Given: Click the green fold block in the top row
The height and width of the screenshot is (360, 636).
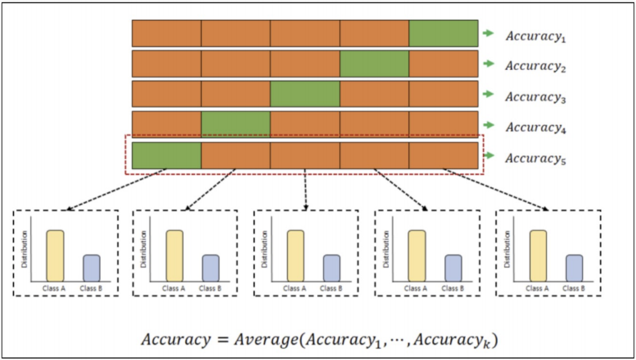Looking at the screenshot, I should (444, 33).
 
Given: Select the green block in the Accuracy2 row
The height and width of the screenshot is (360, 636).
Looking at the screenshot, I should (374, 64).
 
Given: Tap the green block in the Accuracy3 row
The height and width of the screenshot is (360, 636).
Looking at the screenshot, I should (305, 94).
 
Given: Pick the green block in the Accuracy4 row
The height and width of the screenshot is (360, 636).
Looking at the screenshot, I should (236, 124).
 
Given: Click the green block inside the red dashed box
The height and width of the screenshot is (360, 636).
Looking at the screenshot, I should (166, 155).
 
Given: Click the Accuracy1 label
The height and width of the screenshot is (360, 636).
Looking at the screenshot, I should (536, 36).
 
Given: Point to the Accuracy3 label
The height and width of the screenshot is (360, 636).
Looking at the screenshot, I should (536, 98).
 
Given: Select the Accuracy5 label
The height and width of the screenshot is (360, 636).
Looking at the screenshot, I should (536, 159).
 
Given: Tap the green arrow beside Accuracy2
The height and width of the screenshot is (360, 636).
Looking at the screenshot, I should (489, 64).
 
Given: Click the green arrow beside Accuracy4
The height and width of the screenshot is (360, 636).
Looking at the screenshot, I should (489, 125).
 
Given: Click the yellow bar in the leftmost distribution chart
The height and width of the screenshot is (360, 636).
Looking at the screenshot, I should (55, 256).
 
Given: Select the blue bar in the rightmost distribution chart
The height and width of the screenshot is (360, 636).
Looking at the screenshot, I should (575, 268).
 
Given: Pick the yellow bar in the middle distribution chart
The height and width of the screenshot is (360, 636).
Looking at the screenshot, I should (295, 256).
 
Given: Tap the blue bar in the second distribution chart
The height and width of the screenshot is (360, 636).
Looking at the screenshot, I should (211, 268).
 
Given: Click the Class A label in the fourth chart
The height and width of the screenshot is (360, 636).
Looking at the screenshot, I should (415, 289).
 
